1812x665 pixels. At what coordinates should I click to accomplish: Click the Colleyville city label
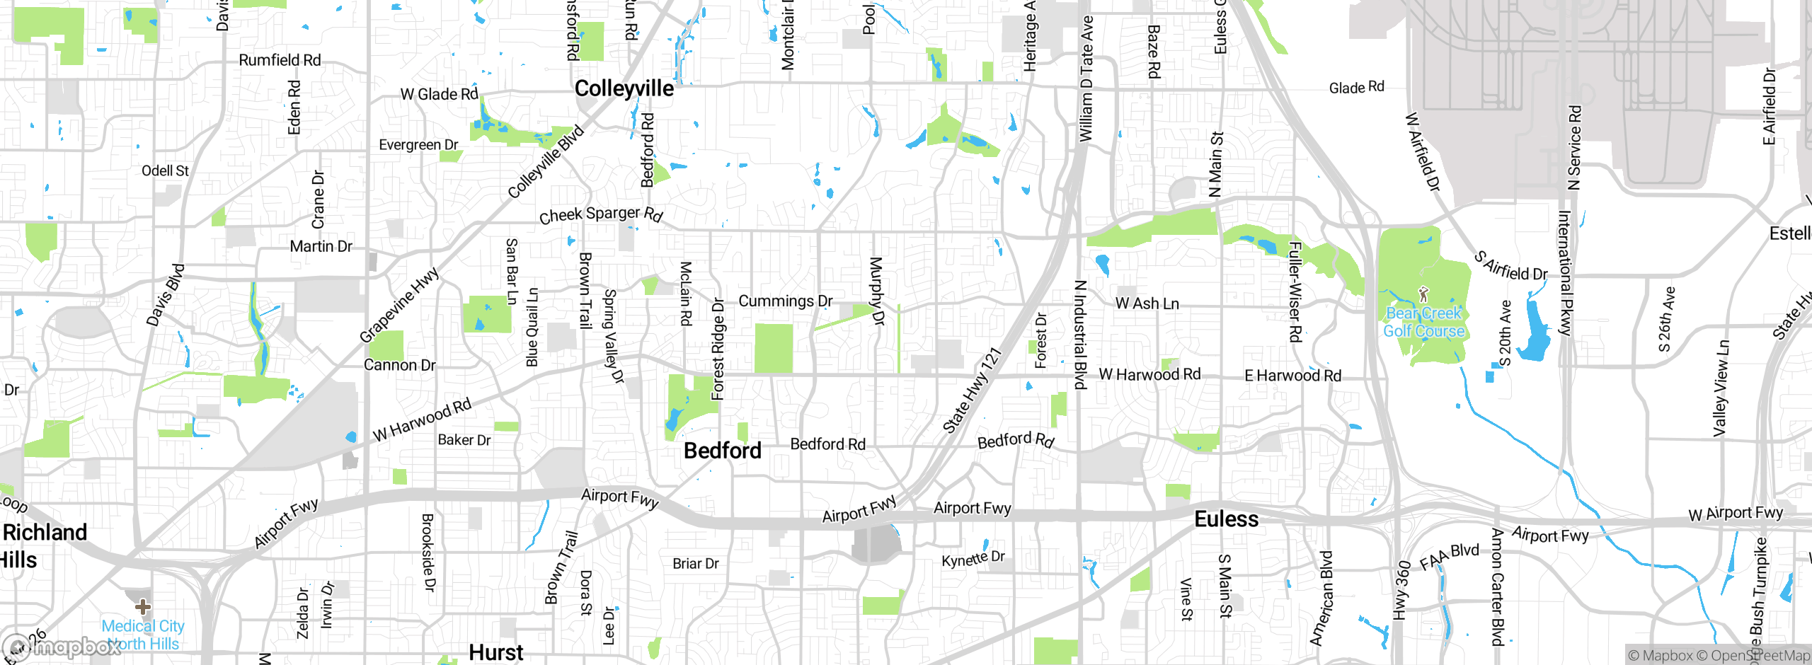click(x=624, y=88)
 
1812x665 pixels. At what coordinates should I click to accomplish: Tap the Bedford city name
click(x=722, y=451)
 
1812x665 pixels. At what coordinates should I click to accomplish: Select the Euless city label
click(x=1226, y=519)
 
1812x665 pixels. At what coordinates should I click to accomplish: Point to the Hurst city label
click(x=496, y=652)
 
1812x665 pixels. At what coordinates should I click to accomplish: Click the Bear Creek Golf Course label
click(x=1423, y=322)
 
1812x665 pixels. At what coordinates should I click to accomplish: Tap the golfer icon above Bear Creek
click(x=1423, y=294)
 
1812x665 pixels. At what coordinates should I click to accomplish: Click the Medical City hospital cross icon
click(x=143, y=606)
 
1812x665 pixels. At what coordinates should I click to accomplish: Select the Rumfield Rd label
click(x=280, y=60)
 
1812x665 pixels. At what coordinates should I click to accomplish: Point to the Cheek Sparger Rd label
click(x=600, y=214)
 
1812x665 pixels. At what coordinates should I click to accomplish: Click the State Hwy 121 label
click(x=972, y=391)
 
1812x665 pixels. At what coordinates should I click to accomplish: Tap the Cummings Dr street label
click(x=785, y=301)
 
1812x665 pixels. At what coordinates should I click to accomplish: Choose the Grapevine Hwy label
click(x=399, y=305)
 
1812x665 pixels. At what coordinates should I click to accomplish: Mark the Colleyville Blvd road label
click(x=546, y=162)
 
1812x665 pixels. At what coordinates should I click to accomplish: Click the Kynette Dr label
click(x=973, y=559)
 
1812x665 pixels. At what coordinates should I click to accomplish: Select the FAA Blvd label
click(x=1449, y=556)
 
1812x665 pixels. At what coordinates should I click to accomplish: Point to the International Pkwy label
click(x=1565, y=273)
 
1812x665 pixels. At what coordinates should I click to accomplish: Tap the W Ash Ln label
click(x=1147, y=303)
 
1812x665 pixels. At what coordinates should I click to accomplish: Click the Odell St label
click(x=165, y=170)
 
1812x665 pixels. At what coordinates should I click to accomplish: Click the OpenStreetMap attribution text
click(x=1760, y=656)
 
